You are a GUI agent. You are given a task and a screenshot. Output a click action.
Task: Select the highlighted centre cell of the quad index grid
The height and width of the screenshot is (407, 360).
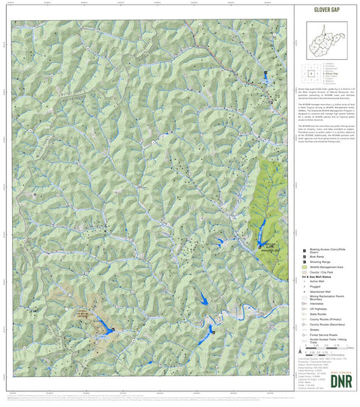tap(310, 73)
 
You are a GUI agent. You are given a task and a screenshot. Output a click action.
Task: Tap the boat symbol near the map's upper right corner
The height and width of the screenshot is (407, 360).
tap(265, 73)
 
